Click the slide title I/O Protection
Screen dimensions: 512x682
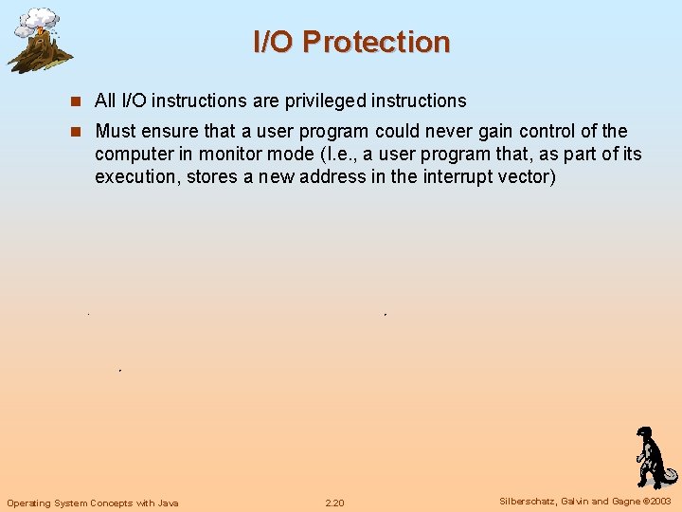pos(351,42)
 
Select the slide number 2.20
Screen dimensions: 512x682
pos(334,503)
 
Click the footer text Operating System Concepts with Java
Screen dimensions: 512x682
pos(92,503)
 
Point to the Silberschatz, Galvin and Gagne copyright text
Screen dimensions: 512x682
pos(584,502)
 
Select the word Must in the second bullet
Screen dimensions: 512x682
pos(116,131)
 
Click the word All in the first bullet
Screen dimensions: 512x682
pos(105,101)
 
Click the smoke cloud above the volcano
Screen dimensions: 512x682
pos(40,19)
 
